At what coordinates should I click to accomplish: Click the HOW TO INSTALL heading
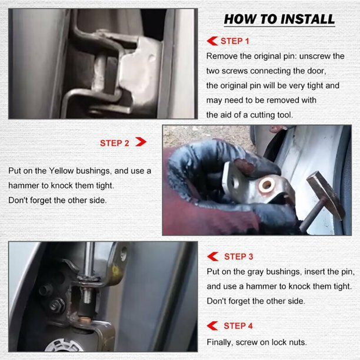pos(279,19)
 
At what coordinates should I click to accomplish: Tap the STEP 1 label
pos(235,41)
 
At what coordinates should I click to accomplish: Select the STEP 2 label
pos(115,143)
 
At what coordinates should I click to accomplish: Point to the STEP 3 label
pos(239,256)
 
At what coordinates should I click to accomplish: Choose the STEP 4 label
pos(238,326)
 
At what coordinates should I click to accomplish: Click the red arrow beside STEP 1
pos(212,41)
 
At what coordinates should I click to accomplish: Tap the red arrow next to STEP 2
pos(141,142)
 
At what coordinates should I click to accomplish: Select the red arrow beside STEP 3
pos(212,256)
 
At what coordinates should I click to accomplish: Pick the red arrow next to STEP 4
pos(212,326)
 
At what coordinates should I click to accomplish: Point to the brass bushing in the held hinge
pos(266,184)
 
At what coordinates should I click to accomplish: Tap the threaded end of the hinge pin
pos(87,295)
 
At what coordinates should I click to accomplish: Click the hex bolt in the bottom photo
pos(56,305)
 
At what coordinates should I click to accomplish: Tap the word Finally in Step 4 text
pos(220,342)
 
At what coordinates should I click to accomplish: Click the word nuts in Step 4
pos(298,342)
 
